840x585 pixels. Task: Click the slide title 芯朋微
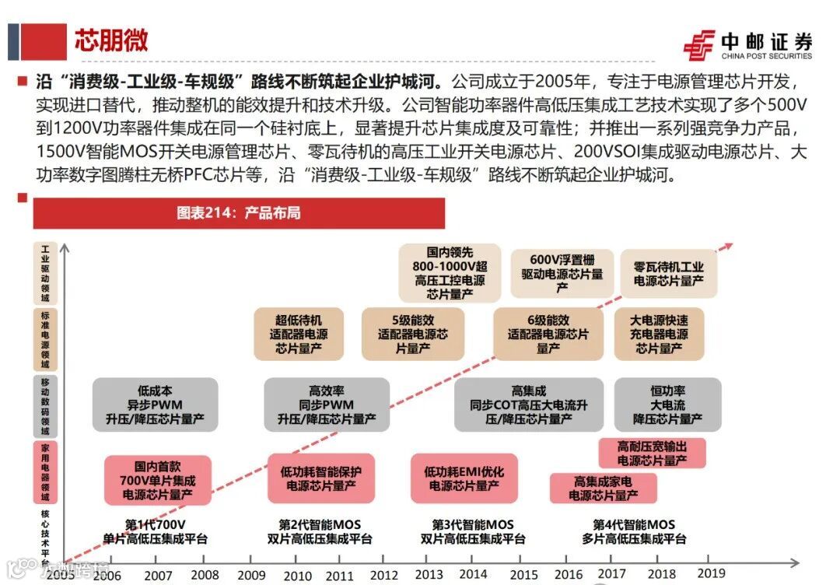coord(111,40)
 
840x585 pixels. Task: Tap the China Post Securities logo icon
coord(699,45)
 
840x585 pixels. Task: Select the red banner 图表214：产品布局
coord(238,213)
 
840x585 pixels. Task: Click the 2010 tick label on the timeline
coord(297,575)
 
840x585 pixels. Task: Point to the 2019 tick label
coord(712,573)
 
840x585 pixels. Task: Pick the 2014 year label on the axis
coord(473,574)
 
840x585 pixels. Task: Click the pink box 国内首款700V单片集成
coord(158,480)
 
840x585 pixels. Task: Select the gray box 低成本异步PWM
coord(155,405)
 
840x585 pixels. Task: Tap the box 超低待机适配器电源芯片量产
coord(299,335)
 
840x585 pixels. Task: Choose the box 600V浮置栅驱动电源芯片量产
coord(562,274)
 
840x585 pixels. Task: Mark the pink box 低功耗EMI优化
coord(464,478)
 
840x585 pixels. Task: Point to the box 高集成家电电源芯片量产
coord(603,489)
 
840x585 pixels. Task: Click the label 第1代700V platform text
coord(156,531)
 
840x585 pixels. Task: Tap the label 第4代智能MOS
coord(634,531)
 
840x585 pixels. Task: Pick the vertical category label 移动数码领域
coord(44,407)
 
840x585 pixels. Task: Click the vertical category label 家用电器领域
coord(44,472)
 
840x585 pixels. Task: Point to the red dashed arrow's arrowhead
coord(727,247)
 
